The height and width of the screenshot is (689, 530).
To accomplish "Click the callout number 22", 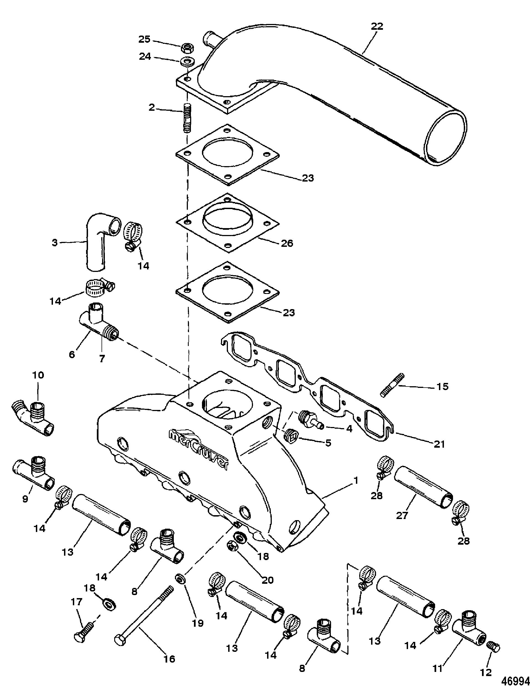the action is tap(377, 26).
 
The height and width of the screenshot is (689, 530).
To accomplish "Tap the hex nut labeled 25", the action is tap(187, 48).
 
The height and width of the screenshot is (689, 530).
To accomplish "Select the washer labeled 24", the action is tap(187, 61).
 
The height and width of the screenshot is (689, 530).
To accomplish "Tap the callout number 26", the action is tap(287, 243).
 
